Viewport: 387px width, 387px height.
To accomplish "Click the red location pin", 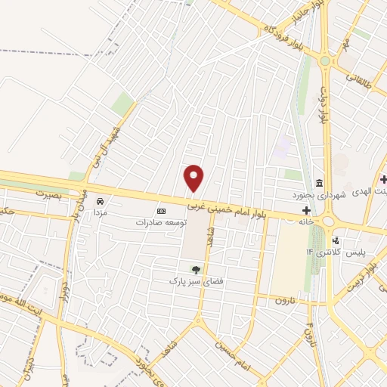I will [194, 178].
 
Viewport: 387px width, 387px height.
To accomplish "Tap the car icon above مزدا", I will [101, 202].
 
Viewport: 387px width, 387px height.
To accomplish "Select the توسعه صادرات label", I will [160, 222].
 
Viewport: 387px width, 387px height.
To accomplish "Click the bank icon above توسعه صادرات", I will [160, 211].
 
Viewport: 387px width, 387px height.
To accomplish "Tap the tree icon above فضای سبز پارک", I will [196, 268].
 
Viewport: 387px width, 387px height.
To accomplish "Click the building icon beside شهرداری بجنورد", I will [320, 184].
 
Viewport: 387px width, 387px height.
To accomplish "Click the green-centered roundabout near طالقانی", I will [325, 60].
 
